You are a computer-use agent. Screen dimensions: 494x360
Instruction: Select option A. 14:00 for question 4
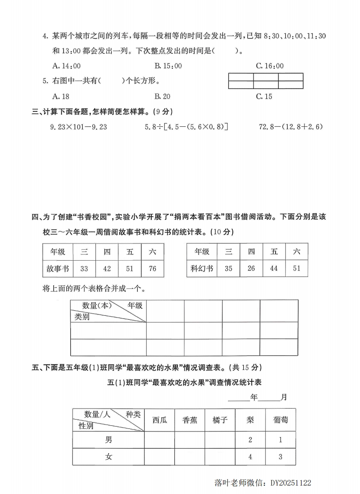click(x=66, y=66)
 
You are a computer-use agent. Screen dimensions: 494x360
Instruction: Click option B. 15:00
click(x=168, y=66)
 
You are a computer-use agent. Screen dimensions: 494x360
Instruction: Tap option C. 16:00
click(x=270, y=66)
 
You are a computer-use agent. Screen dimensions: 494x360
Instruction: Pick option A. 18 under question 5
click(x=61, y=96)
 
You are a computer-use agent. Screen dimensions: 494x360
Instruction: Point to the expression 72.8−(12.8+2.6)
click(x=291, y=127)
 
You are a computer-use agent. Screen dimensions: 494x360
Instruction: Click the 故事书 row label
click(x=58, y=268)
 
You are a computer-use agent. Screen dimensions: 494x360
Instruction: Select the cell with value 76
click(x=152, y=268)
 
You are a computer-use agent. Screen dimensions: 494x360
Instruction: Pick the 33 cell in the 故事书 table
click(x=84, y=268)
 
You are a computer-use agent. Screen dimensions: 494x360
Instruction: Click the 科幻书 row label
click(x=202, y=268)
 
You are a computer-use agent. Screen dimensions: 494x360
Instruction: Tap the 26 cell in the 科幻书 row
click(x=251, y=268)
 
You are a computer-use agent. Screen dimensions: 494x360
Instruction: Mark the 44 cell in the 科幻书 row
click(x=274, y=268)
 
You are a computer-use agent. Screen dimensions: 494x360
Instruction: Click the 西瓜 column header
click(x=159, y=420)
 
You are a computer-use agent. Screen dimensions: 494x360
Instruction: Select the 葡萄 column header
click(x=280, y=420)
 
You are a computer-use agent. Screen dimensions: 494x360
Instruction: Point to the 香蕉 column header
click(x=190, y=420)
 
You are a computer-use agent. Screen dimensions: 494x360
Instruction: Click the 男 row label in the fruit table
click(x=108, y=439)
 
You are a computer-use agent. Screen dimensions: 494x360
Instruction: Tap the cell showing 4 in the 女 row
click(x=250, y=457)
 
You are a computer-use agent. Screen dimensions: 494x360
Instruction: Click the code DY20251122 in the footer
click(x=291, y=483)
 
